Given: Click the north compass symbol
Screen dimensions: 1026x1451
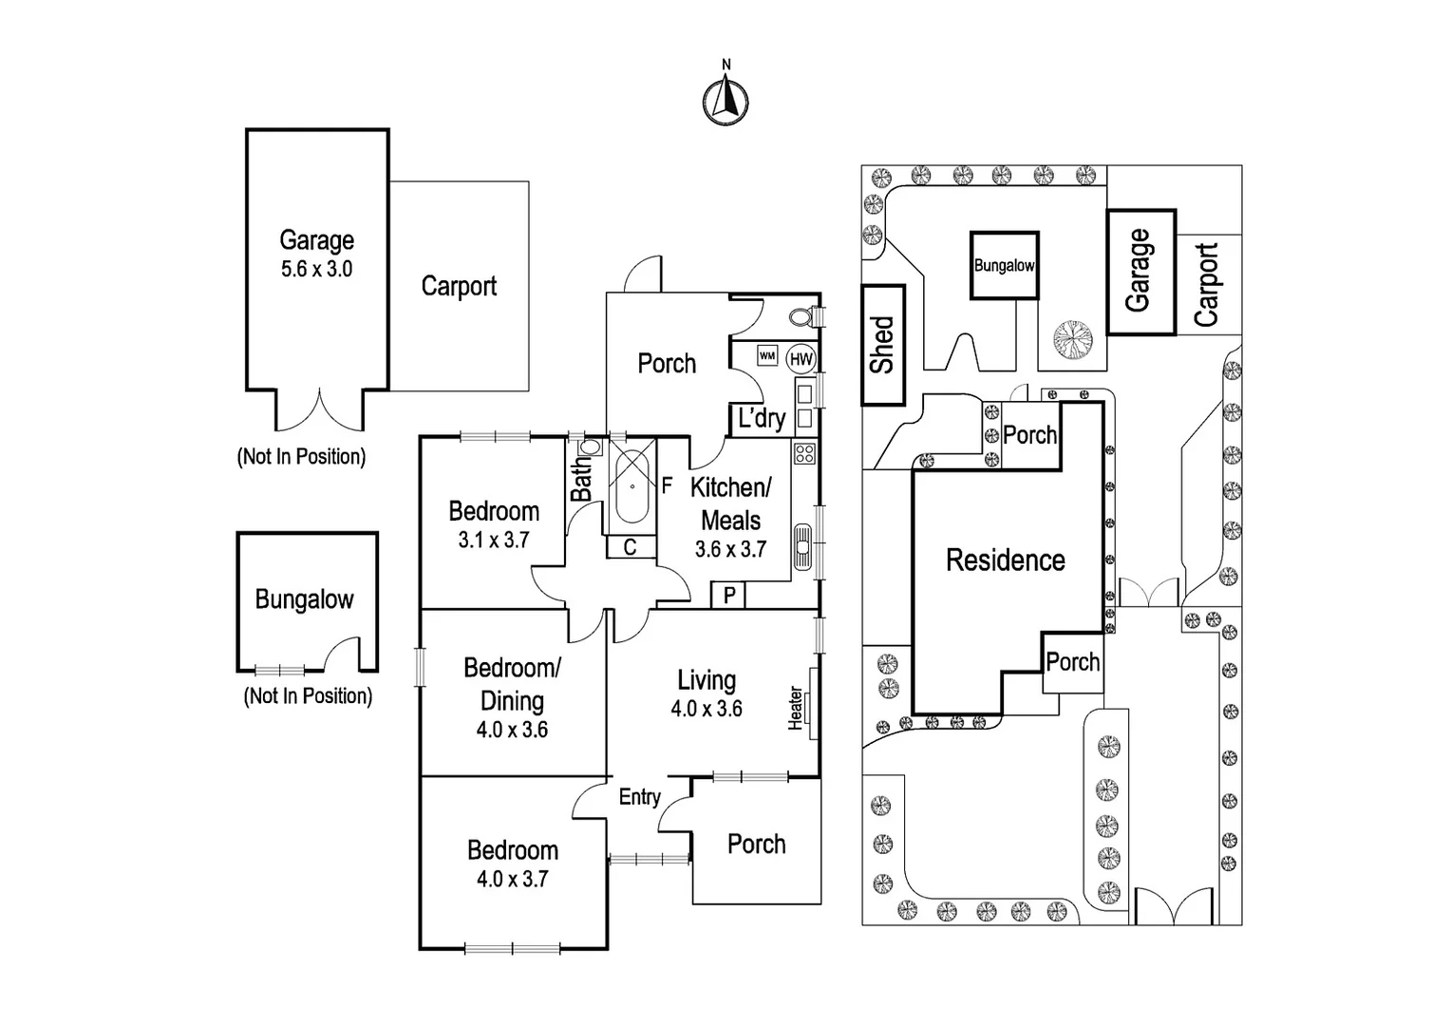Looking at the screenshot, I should (x=725, y=99).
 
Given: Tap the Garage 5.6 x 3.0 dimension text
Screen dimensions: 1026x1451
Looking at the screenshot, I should (x=316, y=270).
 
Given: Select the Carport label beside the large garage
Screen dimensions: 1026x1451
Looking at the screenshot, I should (x=459, y=286).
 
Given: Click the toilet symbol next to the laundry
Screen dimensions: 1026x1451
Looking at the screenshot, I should (x=800, y=316).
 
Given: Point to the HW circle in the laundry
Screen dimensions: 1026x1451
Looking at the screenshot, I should (x=801, y=358).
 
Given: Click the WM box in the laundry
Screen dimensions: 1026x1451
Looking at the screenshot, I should (x=767, y=356).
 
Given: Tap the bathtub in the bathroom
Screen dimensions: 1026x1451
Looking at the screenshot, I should (x=631, y=487).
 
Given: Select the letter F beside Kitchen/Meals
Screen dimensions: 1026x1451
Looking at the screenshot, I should (x=667, y=486).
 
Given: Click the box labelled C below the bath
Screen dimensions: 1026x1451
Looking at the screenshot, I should (x=630, y=547).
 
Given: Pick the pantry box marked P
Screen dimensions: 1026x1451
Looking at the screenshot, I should (x=729, y=596).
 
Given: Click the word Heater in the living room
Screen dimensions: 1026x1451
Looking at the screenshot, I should (x=796, y=709).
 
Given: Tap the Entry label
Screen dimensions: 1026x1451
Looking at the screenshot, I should (x=639, y=797).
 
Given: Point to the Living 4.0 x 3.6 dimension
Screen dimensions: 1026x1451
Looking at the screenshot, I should (x=707, y=709).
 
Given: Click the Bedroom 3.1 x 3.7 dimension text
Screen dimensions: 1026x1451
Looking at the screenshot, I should (x=494, y=541).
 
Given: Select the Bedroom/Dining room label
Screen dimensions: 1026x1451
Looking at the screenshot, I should (x=512, y=684).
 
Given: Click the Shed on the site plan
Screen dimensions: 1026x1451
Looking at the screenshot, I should (x=883, y=345).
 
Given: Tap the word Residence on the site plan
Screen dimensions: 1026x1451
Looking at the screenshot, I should (x=1005, y=560).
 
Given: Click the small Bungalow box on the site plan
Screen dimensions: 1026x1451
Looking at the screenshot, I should (x=1004, y=266).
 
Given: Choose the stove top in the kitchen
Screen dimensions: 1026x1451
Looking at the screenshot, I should (x=805, y=453).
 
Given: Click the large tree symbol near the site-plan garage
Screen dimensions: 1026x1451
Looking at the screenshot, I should (x=1073, y=340).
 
